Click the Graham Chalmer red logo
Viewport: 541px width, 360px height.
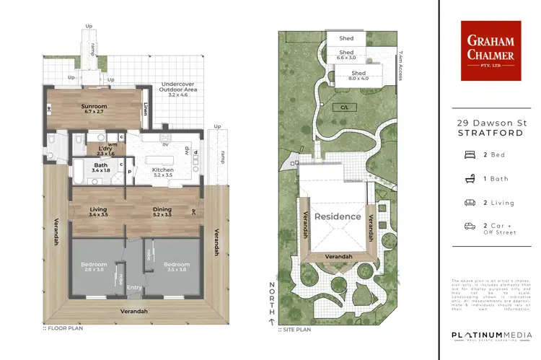(x=491, y=50)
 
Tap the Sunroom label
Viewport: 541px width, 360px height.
(x=94, y=106)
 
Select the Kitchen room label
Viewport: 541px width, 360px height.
(x=163, y=170)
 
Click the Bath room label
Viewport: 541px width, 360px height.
(x=100, y=165)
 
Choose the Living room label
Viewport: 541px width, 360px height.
(x=98, y=210)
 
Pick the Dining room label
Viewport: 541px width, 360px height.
(x=162, y=210)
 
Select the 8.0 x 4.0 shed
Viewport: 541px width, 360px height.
(x=359, y=76)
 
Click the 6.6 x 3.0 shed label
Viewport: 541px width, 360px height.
(x=346, y=56)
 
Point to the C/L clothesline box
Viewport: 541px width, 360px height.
(x=346, y=107)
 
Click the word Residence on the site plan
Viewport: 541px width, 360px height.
(x=337, y=216)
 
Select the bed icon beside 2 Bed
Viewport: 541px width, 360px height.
(x=470, y=154)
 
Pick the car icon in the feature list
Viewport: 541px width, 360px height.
(x=470, y=226)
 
